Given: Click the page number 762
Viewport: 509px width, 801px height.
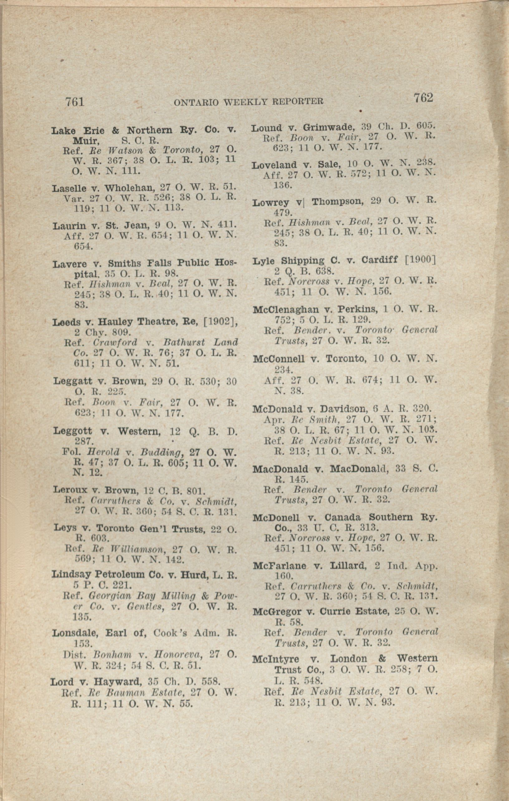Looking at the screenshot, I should [x=423, y=98].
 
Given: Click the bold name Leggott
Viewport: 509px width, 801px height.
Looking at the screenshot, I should [x=73, y=431].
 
